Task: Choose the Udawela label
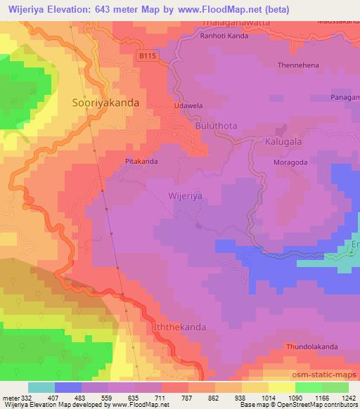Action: point(188,105)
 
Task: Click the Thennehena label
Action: point(300,65)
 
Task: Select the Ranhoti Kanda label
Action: point(224,37)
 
